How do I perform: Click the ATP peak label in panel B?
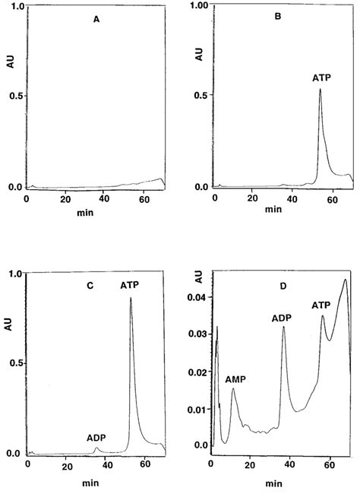[x=321, y=77]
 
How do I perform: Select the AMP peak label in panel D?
[x=237, y=378]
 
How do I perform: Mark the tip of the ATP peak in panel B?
[x=320, y=89]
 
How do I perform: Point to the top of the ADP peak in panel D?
[x=283, y=328]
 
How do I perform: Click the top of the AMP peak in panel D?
[x=233, y=389]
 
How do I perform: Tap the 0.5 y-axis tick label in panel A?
[x=14, y=96]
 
